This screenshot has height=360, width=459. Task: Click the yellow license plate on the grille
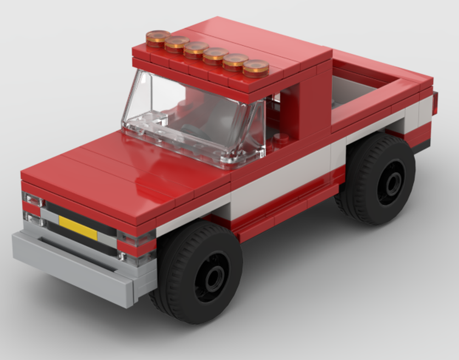point(78,228)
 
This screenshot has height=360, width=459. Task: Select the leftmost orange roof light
point(158,38)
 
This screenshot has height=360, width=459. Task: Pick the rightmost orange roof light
point(256,68)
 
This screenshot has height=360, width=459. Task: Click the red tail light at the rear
point(435,103)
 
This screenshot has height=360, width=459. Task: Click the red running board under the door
point(285,211)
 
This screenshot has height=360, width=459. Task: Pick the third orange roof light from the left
point(196,50)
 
